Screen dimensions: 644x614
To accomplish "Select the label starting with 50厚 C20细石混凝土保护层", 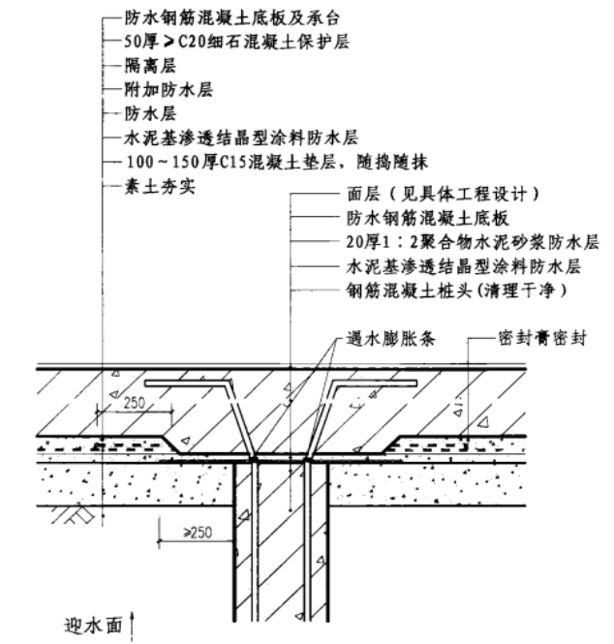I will pyautogui.click(x=231, y=42).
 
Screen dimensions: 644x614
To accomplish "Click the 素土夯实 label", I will pyautogui.click(x=161, y=184).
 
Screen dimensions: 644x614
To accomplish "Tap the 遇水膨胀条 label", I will pyautogui.click(x=387, y=339).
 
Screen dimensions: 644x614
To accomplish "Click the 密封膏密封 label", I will pyautogui.click(x=537, y=339).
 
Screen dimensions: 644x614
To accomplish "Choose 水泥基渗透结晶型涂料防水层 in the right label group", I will pyautogui.click(x=465, y=264).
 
